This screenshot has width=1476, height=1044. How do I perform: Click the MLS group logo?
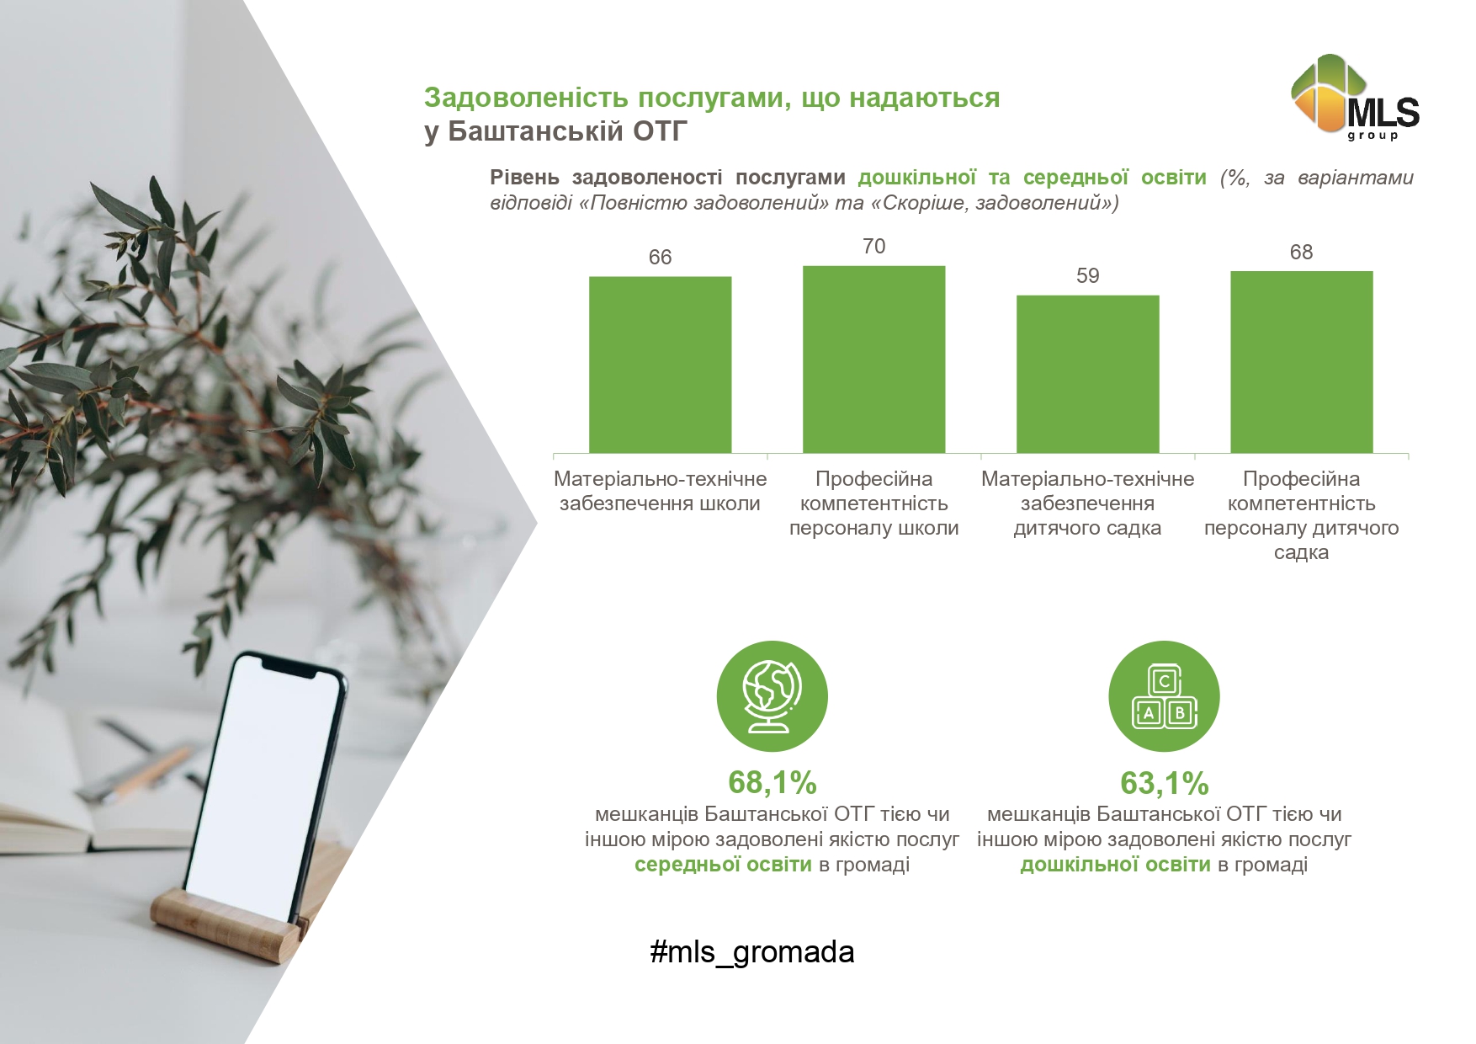1355,96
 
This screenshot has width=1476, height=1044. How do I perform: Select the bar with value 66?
660,365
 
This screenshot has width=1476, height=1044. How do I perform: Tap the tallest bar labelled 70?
873,360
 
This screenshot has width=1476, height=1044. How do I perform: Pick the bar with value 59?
1087,374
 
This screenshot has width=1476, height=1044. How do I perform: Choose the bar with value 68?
1301,362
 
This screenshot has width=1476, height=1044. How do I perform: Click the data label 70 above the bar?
873,246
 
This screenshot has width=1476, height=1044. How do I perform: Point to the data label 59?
1087,275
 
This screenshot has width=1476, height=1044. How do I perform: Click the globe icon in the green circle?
772,696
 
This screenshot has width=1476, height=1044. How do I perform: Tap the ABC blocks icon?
1164,696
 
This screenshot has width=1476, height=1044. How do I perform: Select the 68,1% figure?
772,782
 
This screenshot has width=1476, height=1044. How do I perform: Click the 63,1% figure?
1164,783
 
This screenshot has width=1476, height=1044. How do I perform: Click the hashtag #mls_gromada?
752,952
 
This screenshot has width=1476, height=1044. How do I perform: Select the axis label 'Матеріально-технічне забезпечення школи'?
660,491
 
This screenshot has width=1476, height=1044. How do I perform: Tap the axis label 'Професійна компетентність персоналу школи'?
873,503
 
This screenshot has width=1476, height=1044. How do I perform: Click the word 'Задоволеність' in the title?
527,98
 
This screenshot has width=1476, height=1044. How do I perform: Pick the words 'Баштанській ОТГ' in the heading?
568,131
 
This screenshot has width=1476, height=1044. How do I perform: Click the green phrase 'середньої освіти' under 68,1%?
723,865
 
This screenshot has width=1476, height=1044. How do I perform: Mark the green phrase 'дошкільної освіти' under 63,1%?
1115,865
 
